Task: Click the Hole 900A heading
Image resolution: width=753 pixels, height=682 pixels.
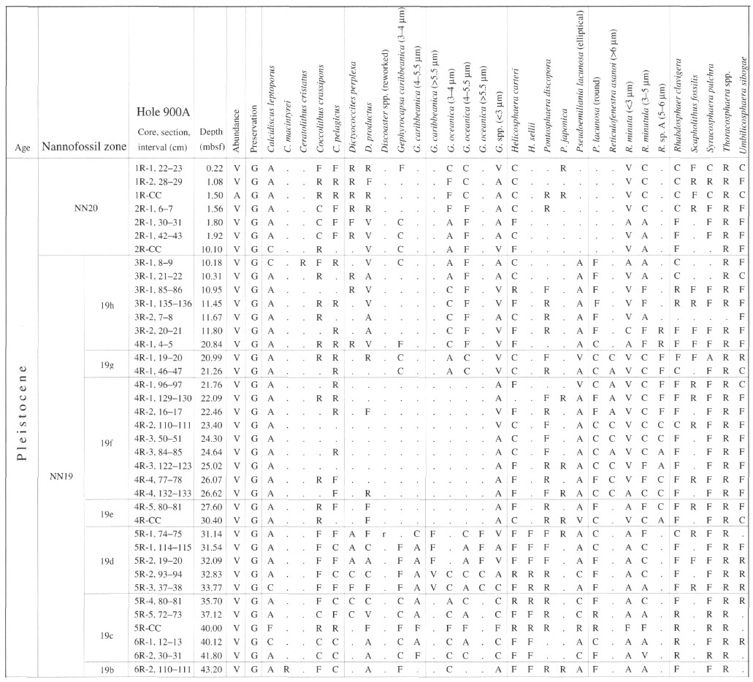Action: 164,112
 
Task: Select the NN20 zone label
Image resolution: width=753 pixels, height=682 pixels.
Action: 86,208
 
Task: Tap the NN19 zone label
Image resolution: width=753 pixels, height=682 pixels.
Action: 61,476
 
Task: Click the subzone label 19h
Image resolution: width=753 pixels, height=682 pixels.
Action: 107,305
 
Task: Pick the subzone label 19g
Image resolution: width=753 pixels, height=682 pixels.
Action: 107,365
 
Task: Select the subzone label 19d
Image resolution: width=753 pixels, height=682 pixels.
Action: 107,561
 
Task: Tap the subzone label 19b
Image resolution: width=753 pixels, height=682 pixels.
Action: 107,670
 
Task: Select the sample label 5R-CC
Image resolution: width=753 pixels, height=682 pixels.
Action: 148,628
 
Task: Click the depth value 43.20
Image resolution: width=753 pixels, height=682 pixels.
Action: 213,670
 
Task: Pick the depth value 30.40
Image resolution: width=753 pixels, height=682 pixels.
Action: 213,520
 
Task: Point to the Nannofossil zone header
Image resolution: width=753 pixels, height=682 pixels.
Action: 84,147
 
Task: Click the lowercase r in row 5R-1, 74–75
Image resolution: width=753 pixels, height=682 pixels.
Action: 384,534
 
